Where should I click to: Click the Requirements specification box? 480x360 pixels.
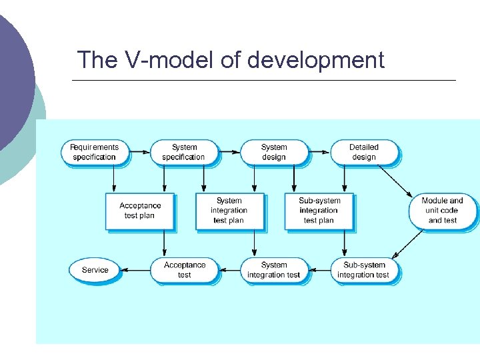[94, 152]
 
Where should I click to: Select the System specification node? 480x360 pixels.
[183, 152]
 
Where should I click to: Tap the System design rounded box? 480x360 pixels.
[273, 152]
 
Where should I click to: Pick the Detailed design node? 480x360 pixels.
[363, 152]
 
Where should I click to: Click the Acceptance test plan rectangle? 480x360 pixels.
[139, 211]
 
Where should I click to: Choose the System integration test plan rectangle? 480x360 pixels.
[229, 211]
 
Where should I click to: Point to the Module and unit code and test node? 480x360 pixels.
[443, 211]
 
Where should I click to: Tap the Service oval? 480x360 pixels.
[95, 270]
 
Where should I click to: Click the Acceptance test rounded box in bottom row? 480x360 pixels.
[184, 270]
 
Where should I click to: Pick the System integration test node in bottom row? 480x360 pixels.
[273, 270]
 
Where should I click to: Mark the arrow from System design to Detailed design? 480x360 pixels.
[319, 152]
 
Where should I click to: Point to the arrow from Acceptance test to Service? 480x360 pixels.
[137, 270]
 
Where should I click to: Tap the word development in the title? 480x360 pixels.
[315, 60]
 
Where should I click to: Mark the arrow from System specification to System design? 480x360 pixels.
[229, 152]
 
